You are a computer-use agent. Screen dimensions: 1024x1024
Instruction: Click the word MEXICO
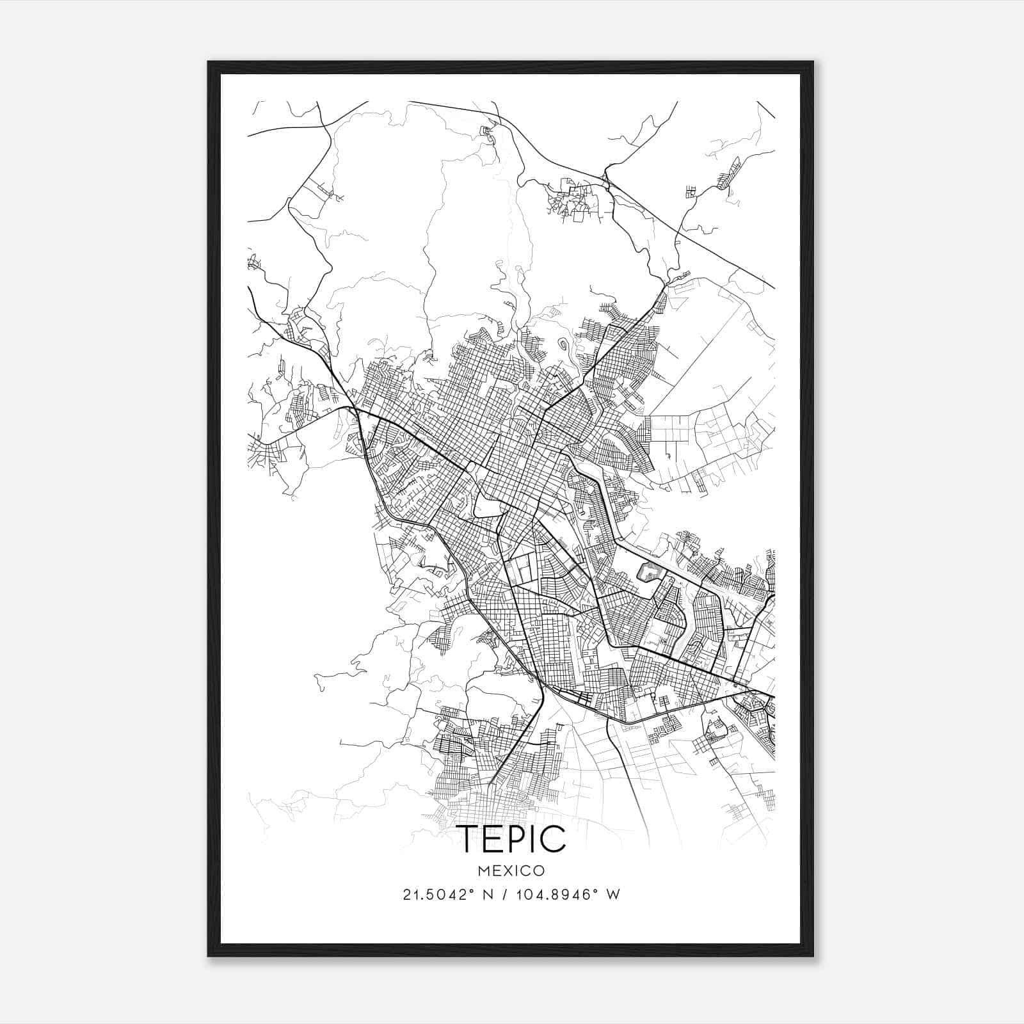[511, 871]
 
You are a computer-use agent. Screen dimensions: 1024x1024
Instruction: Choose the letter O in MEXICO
[540, 871]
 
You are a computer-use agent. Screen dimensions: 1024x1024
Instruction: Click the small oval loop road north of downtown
[563, 345]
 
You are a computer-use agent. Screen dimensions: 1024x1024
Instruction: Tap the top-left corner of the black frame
[209, 63]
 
